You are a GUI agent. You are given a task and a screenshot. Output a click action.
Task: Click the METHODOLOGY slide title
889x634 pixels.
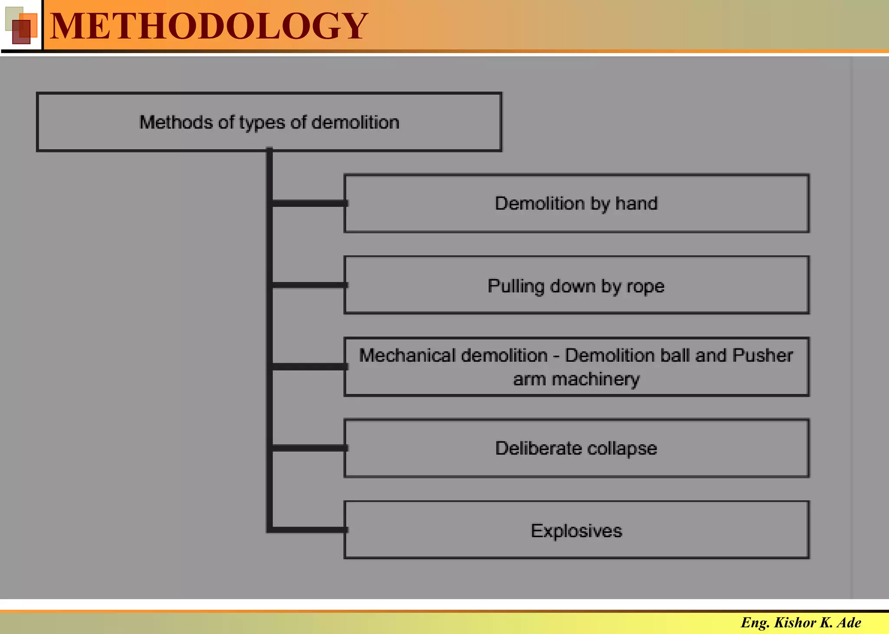click(209, 26)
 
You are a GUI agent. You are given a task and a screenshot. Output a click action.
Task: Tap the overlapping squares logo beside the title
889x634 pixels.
click(21, 26)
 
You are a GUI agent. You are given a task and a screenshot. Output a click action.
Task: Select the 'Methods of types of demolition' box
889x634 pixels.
click(269, 122)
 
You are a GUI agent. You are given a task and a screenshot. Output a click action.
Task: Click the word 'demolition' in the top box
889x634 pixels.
click(356, 122)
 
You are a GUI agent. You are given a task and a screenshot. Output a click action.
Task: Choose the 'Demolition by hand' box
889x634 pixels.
click(576, 204)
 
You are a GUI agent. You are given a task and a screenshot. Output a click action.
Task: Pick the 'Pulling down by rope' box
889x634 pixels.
click(576, 285)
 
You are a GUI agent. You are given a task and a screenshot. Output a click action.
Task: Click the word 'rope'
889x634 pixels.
click(645, 287)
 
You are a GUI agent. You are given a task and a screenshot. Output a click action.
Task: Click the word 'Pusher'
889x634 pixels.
click(762, 356)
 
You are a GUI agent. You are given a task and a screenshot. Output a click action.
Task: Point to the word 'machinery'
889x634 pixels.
click(596, 380)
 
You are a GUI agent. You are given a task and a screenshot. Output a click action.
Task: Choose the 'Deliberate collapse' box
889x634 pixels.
click(576, 448)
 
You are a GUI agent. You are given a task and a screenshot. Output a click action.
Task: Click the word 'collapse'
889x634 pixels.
click(622, 449)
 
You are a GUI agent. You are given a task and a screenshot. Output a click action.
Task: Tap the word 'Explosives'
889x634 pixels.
click(576, 531)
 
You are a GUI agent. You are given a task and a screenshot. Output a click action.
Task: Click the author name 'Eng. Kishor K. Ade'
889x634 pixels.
click(801, 623)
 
